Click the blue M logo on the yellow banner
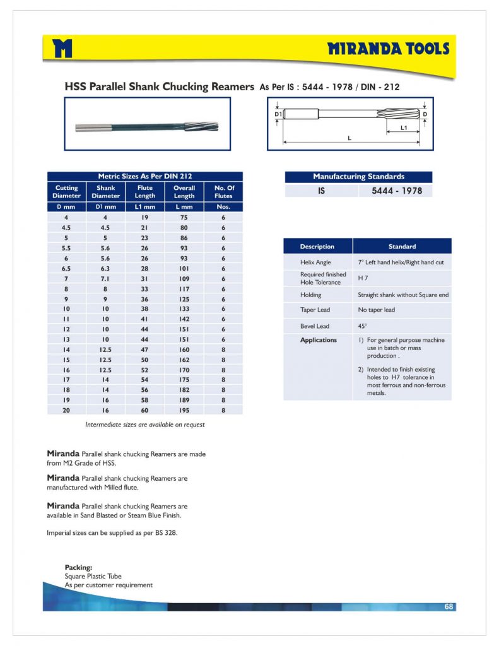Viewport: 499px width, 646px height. point(63,48)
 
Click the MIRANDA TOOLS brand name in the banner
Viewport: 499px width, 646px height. point(388,49)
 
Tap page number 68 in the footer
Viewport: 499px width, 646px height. point(449,606)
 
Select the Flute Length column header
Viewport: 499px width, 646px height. point(145,192)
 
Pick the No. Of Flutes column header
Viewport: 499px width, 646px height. point(223,192)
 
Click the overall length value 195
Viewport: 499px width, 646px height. point(184,410)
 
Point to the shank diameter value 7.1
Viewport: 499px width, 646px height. point(105,278)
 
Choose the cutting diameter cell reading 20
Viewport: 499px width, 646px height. point(66,410)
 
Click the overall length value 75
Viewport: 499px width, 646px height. point(184,217)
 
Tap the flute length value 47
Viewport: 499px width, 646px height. point(145,349)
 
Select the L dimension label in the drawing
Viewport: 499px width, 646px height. point(349,138)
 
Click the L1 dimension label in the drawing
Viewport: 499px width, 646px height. point(404,127)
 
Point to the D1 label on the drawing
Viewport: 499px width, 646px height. point(277,114)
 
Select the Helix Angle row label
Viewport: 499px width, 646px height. point(315,262)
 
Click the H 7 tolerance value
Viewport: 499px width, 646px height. point(363,278)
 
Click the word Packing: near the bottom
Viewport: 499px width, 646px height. point(78,567)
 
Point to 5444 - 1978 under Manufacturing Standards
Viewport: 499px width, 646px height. point(392,191)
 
